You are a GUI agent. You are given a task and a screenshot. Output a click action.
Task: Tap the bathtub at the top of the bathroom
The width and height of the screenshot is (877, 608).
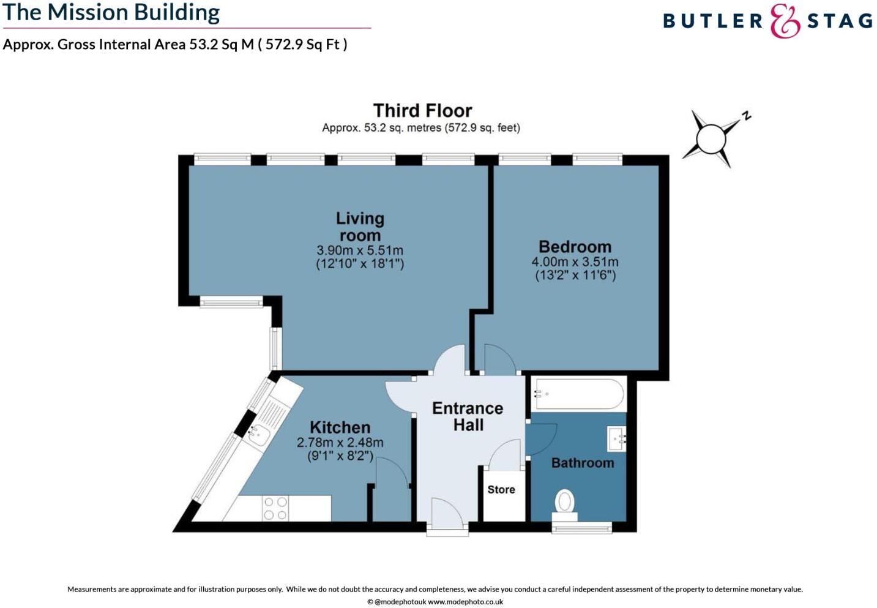578,394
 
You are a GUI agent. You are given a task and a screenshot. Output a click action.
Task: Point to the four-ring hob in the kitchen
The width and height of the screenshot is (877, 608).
275,508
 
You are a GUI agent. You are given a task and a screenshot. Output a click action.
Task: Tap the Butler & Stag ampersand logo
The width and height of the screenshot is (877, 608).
785,21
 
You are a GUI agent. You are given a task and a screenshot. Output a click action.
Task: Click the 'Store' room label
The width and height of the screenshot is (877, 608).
501,490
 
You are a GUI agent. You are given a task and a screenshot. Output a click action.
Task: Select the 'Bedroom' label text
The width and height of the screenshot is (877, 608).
575,246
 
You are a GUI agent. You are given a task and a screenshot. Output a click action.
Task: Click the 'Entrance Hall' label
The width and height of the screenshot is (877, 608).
468,416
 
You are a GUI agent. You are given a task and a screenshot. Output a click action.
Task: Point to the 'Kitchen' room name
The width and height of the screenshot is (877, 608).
340,427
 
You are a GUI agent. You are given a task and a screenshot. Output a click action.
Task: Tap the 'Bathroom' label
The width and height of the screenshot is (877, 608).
583,463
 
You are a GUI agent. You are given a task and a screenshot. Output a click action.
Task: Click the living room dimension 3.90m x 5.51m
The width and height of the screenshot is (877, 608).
360,250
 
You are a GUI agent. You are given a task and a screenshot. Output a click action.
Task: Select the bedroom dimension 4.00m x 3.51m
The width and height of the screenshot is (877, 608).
575,262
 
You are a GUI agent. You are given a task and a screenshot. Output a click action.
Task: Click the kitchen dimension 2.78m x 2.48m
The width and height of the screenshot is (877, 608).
340,442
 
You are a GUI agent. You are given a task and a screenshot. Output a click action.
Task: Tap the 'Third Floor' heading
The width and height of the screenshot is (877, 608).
422,111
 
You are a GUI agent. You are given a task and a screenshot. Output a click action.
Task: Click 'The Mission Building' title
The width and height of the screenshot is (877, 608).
111,12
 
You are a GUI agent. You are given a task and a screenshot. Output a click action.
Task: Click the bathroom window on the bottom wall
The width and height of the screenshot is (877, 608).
582,527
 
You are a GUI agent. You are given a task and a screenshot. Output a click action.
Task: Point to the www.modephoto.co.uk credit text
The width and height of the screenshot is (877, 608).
465,602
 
